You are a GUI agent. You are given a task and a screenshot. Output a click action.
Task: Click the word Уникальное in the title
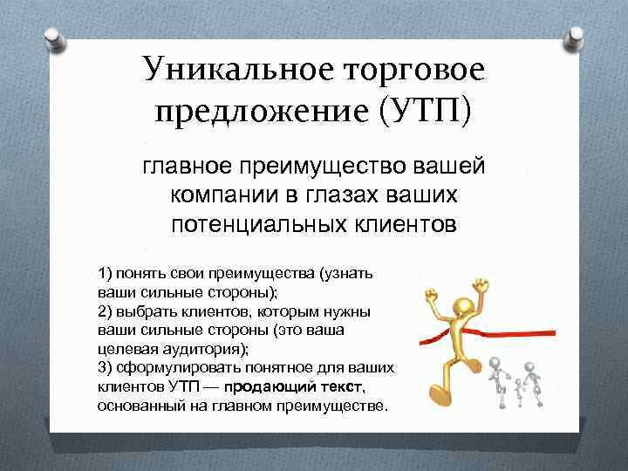238,69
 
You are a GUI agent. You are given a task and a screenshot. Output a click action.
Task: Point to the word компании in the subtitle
224,195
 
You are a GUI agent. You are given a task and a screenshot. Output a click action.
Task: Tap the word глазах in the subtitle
343,195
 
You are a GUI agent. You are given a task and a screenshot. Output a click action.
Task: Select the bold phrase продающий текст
293,387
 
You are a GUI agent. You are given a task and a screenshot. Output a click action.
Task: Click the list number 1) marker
106,274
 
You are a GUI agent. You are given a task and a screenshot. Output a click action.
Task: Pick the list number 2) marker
105,311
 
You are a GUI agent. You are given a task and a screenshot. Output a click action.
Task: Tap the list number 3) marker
105,368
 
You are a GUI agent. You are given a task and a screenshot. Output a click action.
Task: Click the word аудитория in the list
205,350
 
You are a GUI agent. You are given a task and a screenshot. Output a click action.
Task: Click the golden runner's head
465,307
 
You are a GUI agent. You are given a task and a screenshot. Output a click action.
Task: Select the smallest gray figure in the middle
519,392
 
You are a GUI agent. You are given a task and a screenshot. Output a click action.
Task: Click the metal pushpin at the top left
54,39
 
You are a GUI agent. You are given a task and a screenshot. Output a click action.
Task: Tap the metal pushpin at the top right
574,39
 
